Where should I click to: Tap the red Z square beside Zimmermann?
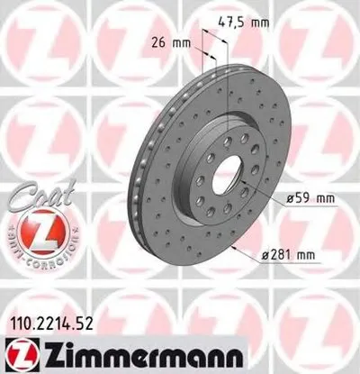15,354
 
